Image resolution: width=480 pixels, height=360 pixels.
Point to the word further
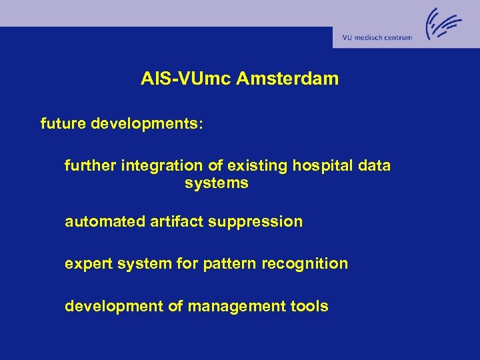pyautogui.click(x=91, y=165)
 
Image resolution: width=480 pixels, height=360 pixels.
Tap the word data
pyautogui.click(x=374, y=165)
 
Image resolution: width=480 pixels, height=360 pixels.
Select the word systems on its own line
pyautogui.click(x=216, y=183)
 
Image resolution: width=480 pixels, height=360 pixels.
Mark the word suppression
pyautogui.click(x=255, y=222)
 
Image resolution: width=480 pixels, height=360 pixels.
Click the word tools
pyautogui.click(x=309, y=307)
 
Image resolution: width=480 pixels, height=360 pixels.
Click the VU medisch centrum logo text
pyautogui.click(x=377, y=38)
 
